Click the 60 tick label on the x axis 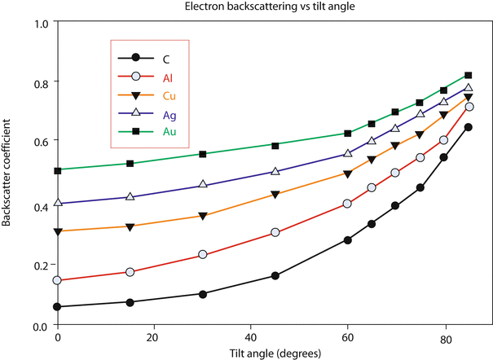[347, 336]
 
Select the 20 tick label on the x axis [154, 336]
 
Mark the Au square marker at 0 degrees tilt [58, 170]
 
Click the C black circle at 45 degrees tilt [275, 276]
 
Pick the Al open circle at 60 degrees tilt [348, 204]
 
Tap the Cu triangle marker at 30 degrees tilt [203, 217]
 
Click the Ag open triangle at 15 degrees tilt [130, 197]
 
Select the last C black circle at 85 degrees [469, 127]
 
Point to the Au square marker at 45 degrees [275, 146]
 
